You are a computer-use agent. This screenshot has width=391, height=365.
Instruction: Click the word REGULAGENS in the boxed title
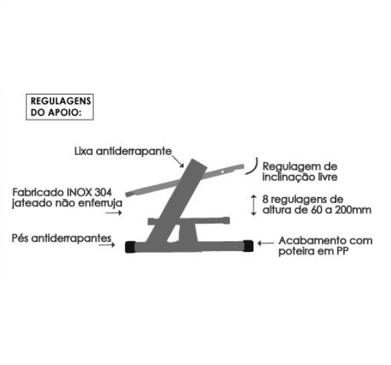(x=61, y=101)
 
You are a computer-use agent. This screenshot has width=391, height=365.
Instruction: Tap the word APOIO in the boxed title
(x=64, y=112)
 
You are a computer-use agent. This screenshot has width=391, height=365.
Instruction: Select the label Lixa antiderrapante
(x=123, y=151)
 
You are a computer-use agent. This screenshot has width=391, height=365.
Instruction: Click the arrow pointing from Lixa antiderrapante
(x=178, y=161)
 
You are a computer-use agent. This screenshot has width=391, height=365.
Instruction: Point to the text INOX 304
(x=89, y=192)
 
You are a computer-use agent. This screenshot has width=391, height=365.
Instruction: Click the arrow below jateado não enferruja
(x=114, y=213)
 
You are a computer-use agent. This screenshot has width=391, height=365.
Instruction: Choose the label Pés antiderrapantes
(x=62, y=238)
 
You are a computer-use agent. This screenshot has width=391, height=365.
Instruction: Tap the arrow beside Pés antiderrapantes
(x=107, y=245)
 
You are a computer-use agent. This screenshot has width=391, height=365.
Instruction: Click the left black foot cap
(x=130, y=247)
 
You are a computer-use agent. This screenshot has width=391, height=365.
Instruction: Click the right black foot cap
(x=248, y=246)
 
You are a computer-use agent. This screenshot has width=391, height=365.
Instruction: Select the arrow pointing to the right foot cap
(x=266, y=243)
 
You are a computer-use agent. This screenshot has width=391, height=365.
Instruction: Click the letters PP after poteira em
(x=342, y=251)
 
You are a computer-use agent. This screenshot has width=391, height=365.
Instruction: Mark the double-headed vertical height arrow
(x=254, y=205)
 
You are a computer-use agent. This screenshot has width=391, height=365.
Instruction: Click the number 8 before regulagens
(x=265, y=200)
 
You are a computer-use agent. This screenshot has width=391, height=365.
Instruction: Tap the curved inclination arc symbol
(x=255, y=167)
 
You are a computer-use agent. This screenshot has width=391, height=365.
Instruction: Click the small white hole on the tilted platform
(x=223, y=172)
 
